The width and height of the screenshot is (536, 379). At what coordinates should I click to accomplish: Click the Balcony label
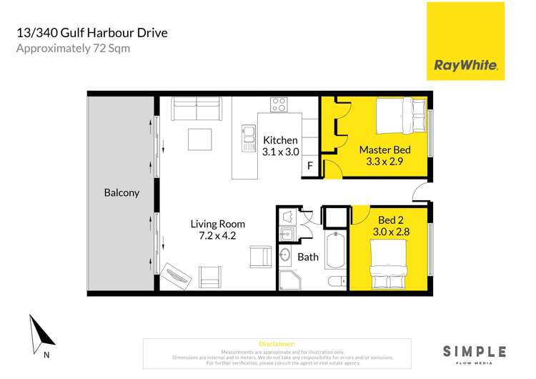point(121,193)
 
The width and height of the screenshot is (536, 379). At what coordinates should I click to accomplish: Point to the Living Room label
point(218,224)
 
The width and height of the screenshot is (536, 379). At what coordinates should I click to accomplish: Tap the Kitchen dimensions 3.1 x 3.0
point(280,152)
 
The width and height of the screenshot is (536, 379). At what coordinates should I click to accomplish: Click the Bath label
point(308,257)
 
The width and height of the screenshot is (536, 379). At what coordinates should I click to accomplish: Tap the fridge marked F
point(310,167)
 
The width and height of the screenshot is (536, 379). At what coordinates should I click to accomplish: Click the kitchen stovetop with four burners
point(279,106)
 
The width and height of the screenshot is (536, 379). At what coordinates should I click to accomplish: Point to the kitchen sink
point(249,136)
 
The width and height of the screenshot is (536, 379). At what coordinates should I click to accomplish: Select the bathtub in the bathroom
point(334,250)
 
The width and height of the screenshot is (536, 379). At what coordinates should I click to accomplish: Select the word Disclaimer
point(278,344)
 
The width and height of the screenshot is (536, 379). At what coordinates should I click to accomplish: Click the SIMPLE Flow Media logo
point(475,353)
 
